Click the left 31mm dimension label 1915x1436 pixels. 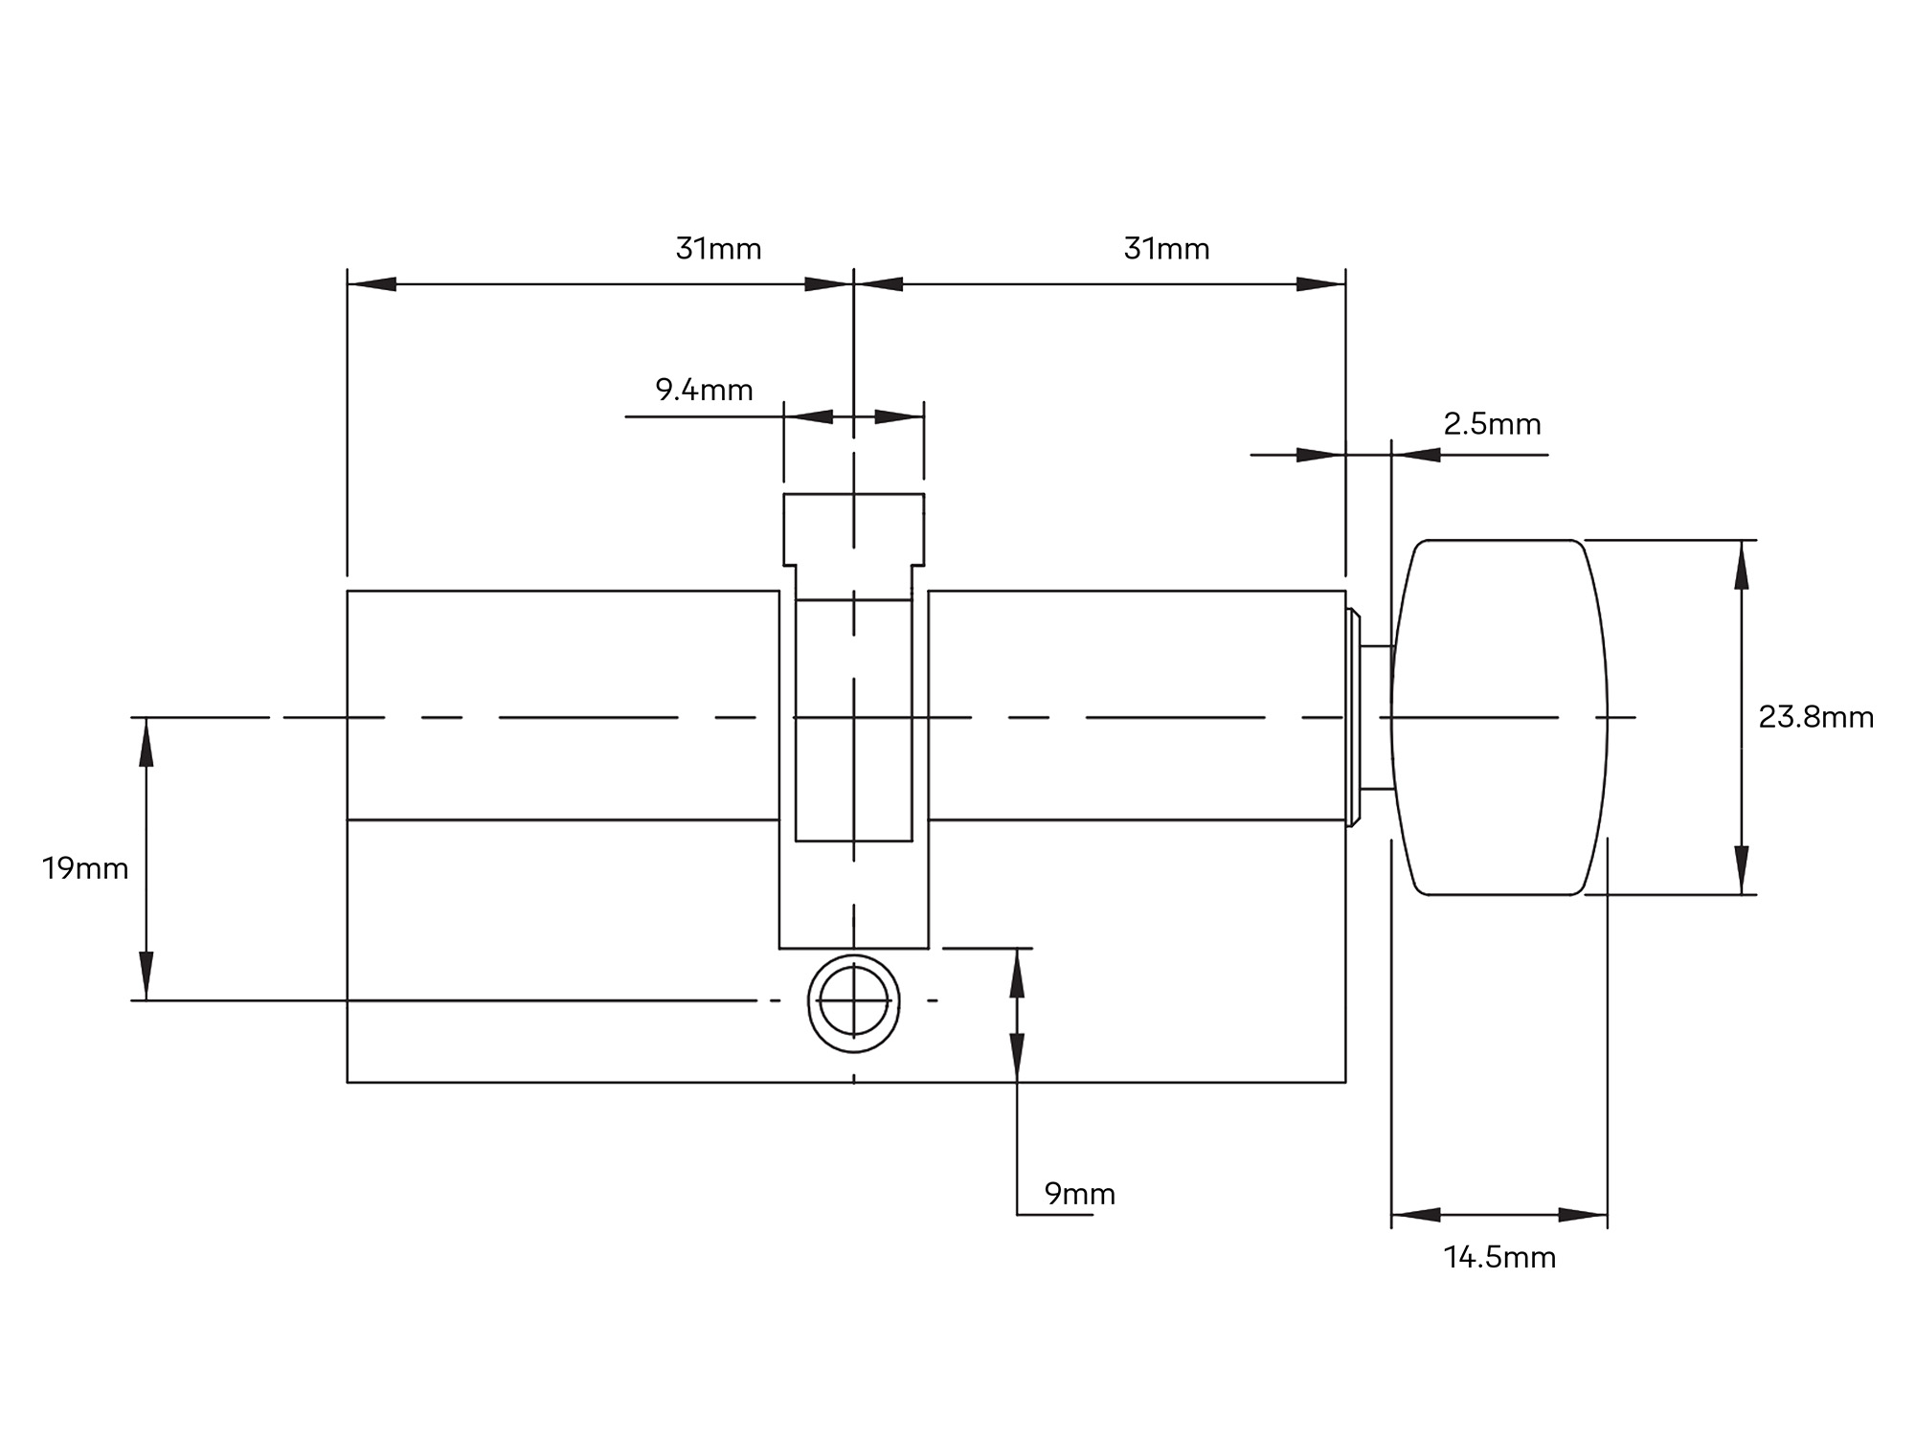tap(718, 249)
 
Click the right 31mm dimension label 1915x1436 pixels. tap(1166, 249)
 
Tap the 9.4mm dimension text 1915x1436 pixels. tap(704, 390)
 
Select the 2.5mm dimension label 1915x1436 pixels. tap(1492, 424)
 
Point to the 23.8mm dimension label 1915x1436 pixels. tap(1815, 717)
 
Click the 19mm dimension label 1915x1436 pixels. tap(85, 868)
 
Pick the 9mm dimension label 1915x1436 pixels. tap(1079, 1194)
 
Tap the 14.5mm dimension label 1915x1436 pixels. tap(1499, 1257)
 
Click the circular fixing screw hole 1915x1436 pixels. tap(854, 1001)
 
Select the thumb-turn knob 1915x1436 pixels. tap(1498, 718)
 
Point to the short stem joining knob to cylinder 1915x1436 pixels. tap(1377, 718)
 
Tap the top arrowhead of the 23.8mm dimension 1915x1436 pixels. tap(1741, 564)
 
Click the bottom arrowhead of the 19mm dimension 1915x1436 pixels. tap(146, 976)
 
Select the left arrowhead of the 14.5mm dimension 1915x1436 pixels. tap(1415, 1215)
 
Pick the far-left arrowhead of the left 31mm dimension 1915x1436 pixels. tap(372, 284)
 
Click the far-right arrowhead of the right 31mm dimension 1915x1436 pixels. tap(1321, 284)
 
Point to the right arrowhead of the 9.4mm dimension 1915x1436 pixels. tap(899, 417)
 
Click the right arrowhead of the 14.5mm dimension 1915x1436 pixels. tap(1583, 1215)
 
